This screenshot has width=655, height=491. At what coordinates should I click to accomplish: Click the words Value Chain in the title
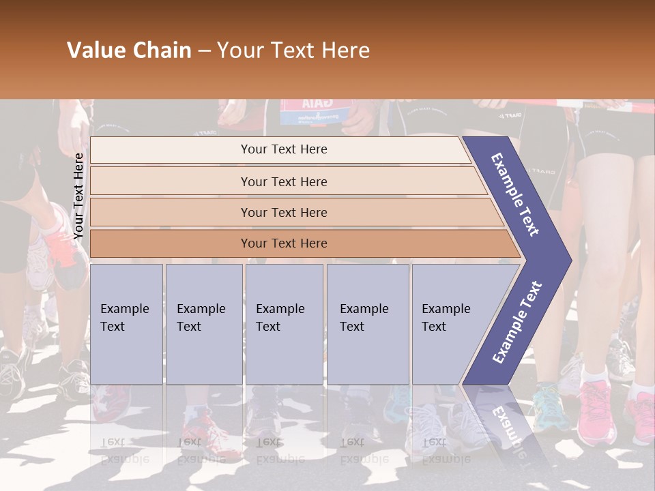(x=129, y=51)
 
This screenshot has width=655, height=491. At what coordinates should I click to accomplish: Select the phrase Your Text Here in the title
(x=293, y=51)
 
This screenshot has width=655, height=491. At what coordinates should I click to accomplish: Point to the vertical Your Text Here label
(x=78, y=196)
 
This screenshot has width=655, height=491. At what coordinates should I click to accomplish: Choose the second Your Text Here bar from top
(x=283, y=181)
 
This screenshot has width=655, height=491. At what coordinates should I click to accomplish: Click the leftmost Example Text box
(x=126, y=324)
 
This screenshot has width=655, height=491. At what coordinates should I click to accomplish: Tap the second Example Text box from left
(x=203, y=324)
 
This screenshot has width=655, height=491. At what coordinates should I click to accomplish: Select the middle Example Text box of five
(x=284, y=324)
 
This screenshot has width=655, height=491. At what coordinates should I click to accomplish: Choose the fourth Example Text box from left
(x=367, y=324)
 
